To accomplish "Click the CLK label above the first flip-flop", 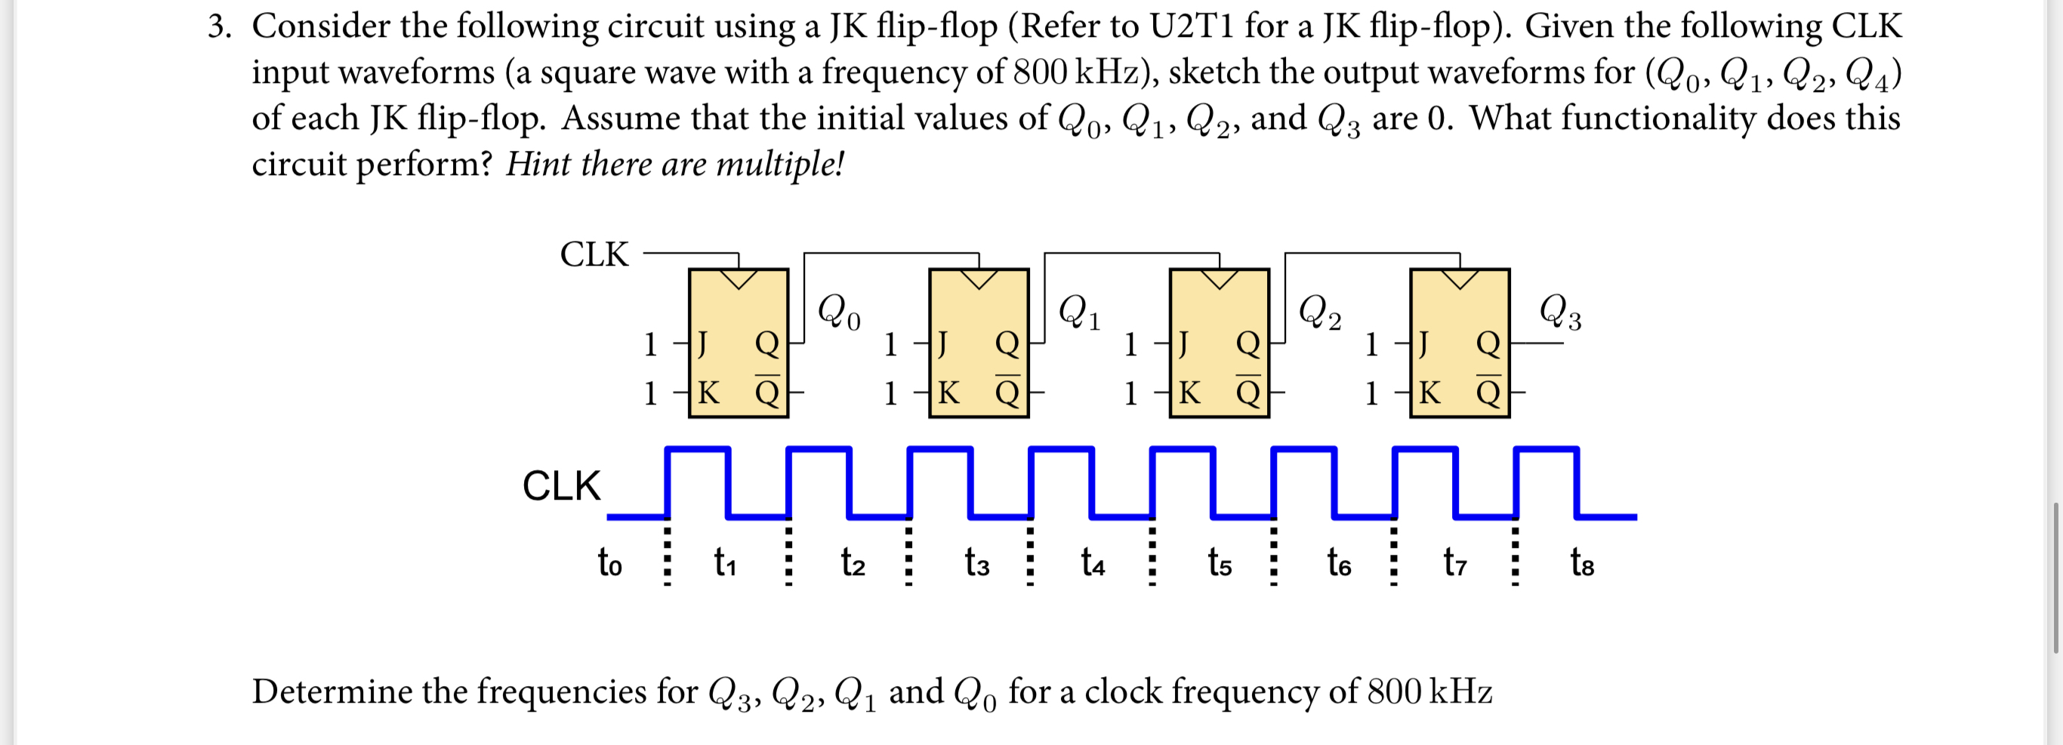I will tap(594, 254).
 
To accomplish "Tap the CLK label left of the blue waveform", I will tap(561, 486).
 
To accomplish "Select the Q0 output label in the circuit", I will tap(838, 311).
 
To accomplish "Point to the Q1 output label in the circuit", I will tap(1079, 311).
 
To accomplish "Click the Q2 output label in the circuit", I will tap(1319, 311).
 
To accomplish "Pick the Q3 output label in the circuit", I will tap(1560, 311).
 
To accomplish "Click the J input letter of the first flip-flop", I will tap(702, 344).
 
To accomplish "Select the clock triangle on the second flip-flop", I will tap(979, 279).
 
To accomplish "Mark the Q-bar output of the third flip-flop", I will tap(1247, 391).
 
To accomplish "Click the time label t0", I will tap(609, 562).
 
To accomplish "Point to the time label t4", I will tap(1093, 562).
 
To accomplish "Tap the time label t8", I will tap(1582, 562).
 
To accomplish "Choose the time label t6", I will tap(1338, 562).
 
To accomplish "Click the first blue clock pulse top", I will tap(698, 449).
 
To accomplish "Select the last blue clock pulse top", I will tap(1546, 449).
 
